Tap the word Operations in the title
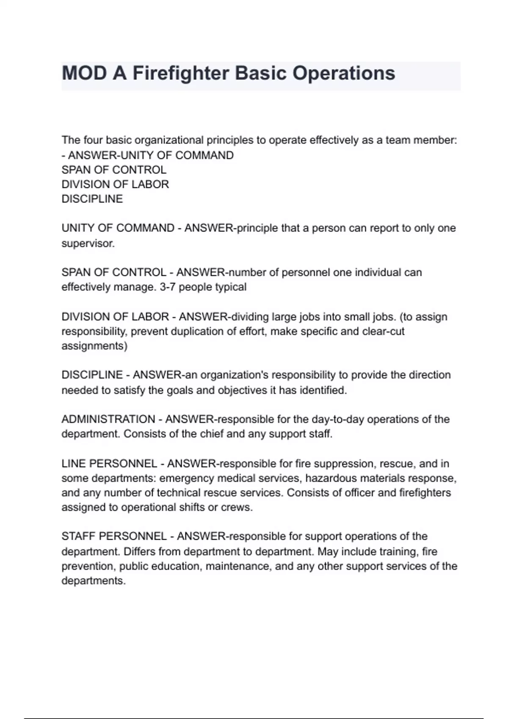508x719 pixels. (344, 73)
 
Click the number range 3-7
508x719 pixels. (167, 287)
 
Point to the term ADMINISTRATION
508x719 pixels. (108, 419)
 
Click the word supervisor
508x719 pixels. (88, 244)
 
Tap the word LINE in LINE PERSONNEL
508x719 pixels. (74, 464)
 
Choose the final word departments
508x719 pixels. (94, 581)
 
